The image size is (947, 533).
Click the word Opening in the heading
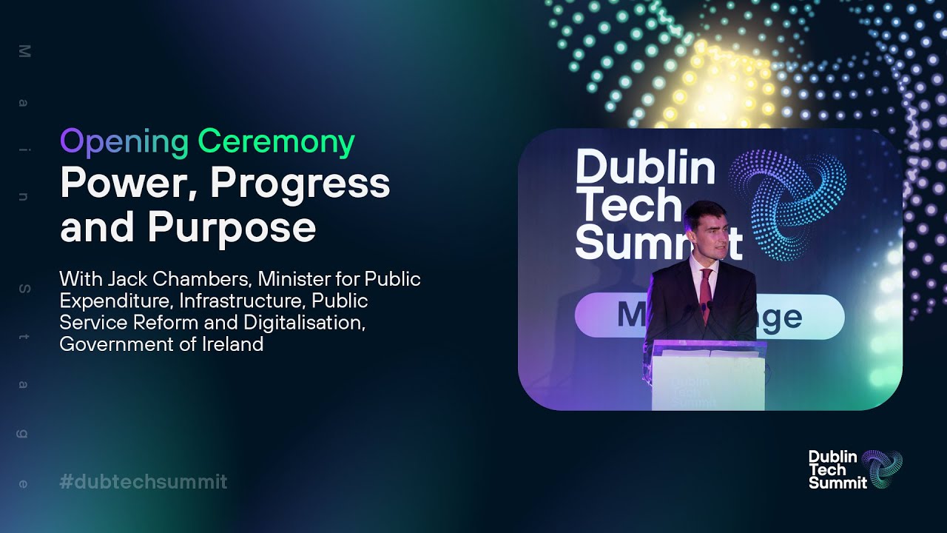[124, 142]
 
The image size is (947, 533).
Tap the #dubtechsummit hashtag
[144, 482]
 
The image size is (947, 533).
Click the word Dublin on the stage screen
[645, 168]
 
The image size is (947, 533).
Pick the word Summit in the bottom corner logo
[838, 483]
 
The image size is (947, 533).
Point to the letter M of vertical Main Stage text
[23, 51]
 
